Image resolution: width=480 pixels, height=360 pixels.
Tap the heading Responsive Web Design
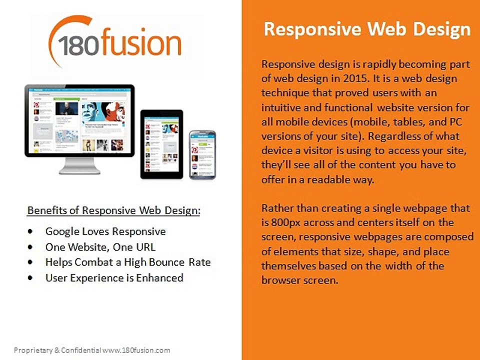tap(367, 29)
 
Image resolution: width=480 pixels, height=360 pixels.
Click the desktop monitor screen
tap(79, 120)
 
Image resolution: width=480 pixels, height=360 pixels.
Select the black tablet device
tap(161, 143)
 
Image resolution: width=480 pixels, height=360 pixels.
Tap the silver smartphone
tap(202, 154)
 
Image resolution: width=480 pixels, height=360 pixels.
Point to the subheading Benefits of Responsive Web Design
tap(113, 210)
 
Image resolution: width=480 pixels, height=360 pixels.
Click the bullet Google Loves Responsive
tap(105, 231)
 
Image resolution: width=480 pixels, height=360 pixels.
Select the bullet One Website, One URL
tap(100, 247)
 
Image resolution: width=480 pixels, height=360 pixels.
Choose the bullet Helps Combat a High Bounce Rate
tap(128, 262)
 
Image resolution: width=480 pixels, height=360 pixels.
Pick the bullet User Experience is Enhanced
tap(114, 277)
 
